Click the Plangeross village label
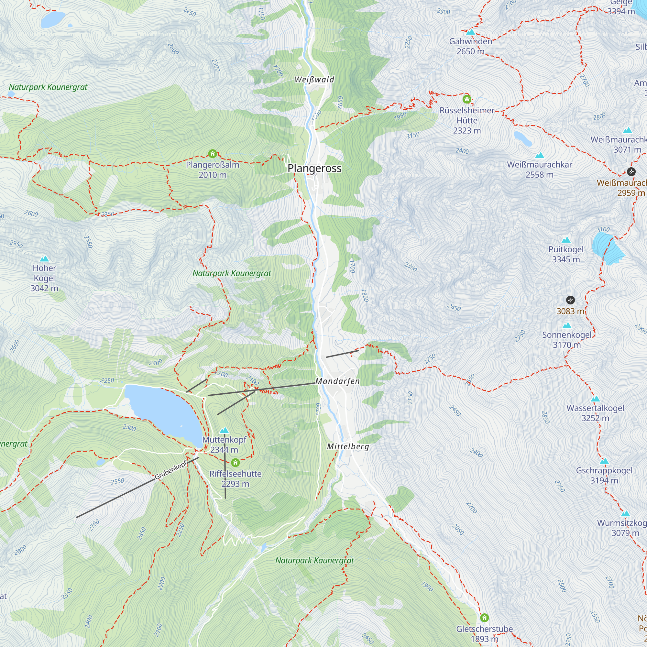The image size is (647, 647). [x=314, y=168]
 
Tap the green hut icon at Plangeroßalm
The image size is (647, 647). [x=212, y=154]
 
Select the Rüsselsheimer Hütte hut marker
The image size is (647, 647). [x=467, y=99]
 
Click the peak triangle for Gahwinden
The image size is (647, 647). [x=470, y=32]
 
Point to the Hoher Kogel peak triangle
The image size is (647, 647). [x=44, y=258]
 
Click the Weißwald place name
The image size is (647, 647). [x=314, y=80]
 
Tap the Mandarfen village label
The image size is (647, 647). [x=337, y=381]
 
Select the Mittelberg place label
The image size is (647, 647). [x=348, y=446]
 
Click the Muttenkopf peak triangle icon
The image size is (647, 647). [x=224, y=430]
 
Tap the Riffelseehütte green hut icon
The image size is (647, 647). [x=236, y=463]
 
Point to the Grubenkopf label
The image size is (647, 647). [x=171, y=470]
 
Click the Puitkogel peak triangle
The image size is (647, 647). [x=566, y=240]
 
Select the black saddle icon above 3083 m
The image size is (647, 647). [x=570, y=300]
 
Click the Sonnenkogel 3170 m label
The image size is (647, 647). [x=567, y=340]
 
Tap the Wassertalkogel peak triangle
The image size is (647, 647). [x=595, y=399]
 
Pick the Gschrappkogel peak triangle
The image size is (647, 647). [x=604, y=461]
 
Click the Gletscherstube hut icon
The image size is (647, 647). [x=484, y=618]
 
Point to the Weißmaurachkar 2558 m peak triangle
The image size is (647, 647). [x=540, y=155]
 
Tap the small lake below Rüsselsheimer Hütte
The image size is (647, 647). [x=522, y=138]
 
